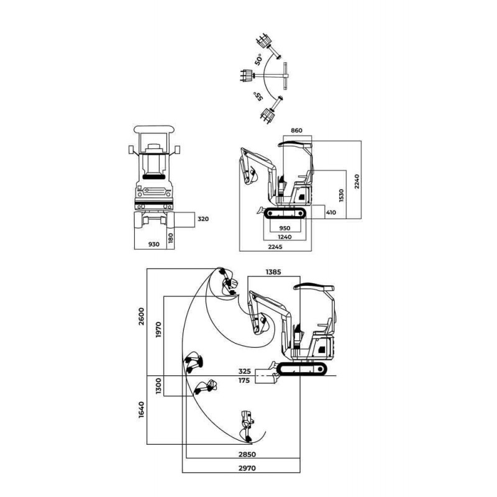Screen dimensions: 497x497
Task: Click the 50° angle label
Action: coord(258,61)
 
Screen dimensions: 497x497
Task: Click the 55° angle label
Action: coord(257,96)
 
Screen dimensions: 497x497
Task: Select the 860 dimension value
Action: coord(296,130)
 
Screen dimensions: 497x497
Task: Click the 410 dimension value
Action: coord(331,212)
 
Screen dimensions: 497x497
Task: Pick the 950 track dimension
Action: coord(285,227)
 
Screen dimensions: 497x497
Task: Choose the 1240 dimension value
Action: coord(285,237)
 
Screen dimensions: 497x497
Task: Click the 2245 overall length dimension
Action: coord(276,247)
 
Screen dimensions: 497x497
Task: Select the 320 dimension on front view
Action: coord(203,219)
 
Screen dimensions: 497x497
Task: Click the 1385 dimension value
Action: coord(274,272)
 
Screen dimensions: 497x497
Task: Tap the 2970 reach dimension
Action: coord(241,468)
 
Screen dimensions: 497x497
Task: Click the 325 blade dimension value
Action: coord(244,372)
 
